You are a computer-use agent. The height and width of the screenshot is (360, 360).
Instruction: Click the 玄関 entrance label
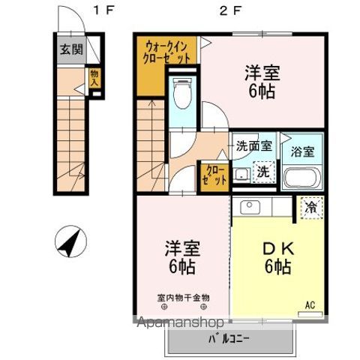coord(71,49)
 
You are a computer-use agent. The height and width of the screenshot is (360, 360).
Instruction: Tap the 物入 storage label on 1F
coord(94,78)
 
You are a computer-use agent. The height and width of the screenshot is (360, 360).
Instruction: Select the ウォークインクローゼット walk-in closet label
coord(166,52)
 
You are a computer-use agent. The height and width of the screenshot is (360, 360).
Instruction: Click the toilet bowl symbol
coord(183,93)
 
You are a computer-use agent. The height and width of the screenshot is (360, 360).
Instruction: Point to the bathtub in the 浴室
coord(302,178)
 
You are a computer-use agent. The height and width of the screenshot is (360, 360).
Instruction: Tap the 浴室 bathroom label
coord(302,151)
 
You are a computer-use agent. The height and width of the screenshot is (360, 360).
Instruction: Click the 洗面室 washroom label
coord(254,145)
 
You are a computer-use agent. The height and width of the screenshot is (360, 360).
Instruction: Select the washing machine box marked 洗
coord(263,171)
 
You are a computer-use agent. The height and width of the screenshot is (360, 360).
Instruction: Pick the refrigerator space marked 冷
coord(312,208)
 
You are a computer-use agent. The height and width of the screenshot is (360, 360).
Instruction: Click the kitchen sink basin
coord(250,207)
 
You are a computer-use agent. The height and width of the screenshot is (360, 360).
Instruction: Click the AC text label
coord(310,305)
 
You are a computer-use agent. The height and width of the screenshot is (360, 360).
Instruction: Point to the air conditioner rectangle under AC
coord(310,314)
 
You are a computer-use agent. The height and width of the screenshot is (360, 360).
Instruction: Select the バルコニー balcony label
coord(229,339)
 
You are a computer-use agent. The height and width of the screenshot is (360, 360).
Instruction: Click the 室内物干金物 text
coord(183,298)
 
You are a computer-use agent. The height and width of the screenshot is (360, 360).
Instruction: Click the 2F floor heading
coord(230,11)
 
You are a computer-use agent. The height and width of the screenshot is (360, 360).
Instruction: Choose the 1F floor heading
coord(103,10)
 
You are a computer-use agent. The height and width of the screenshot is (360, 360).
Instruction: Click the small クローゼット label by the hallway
coord(214,175)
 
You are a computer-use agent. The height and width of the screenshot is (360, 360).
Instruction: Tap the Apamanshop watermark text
coord(180,322)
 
